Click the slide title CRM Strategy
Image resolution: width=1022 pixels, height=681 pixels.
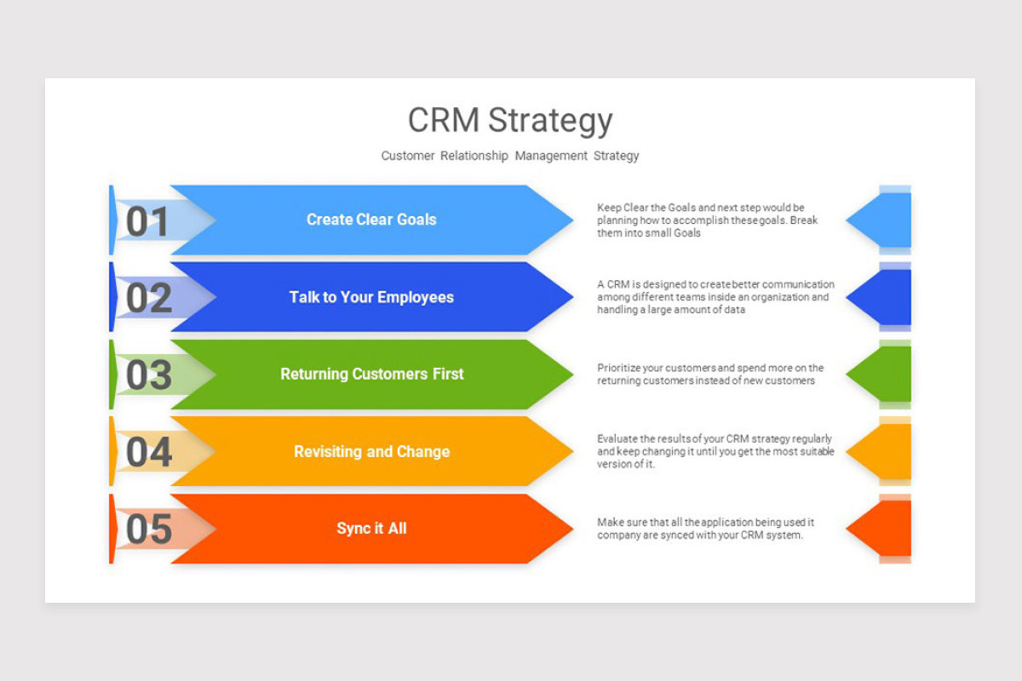coord(509,120)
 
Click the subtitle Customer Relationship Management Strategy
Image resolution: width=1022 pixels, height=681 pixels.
coord(509,156)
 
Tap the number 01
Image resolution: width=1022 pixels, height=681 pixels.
coord(148,221)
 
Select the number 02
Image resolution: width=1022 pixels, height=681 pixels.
coord(148,298)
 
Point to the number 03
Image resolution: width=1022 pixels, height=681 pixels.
coord(148,375)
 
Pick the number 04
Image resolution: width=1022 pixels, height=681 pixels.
coord(148,452)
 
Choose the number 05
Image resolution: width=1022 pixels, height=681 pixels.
coord(148,529)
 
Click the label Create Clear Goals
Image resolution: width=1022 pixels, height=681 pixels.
coord(371,220)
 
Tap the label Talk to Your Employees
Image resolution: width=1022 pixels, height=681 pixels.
coord(371,297)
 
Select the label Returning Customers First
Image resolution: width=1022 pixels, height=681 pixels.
coord(371,374)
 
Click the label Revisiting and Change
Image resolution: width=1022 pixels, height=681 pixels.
coord(371,451)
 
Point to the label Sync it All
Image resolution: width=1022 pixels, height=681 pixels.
coord(371,529)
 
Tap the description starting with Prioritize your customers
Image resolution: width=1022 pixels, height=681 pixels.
coord(710,375)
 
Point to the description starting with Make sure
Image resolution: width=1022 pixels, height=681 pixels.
coord(706,529)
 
